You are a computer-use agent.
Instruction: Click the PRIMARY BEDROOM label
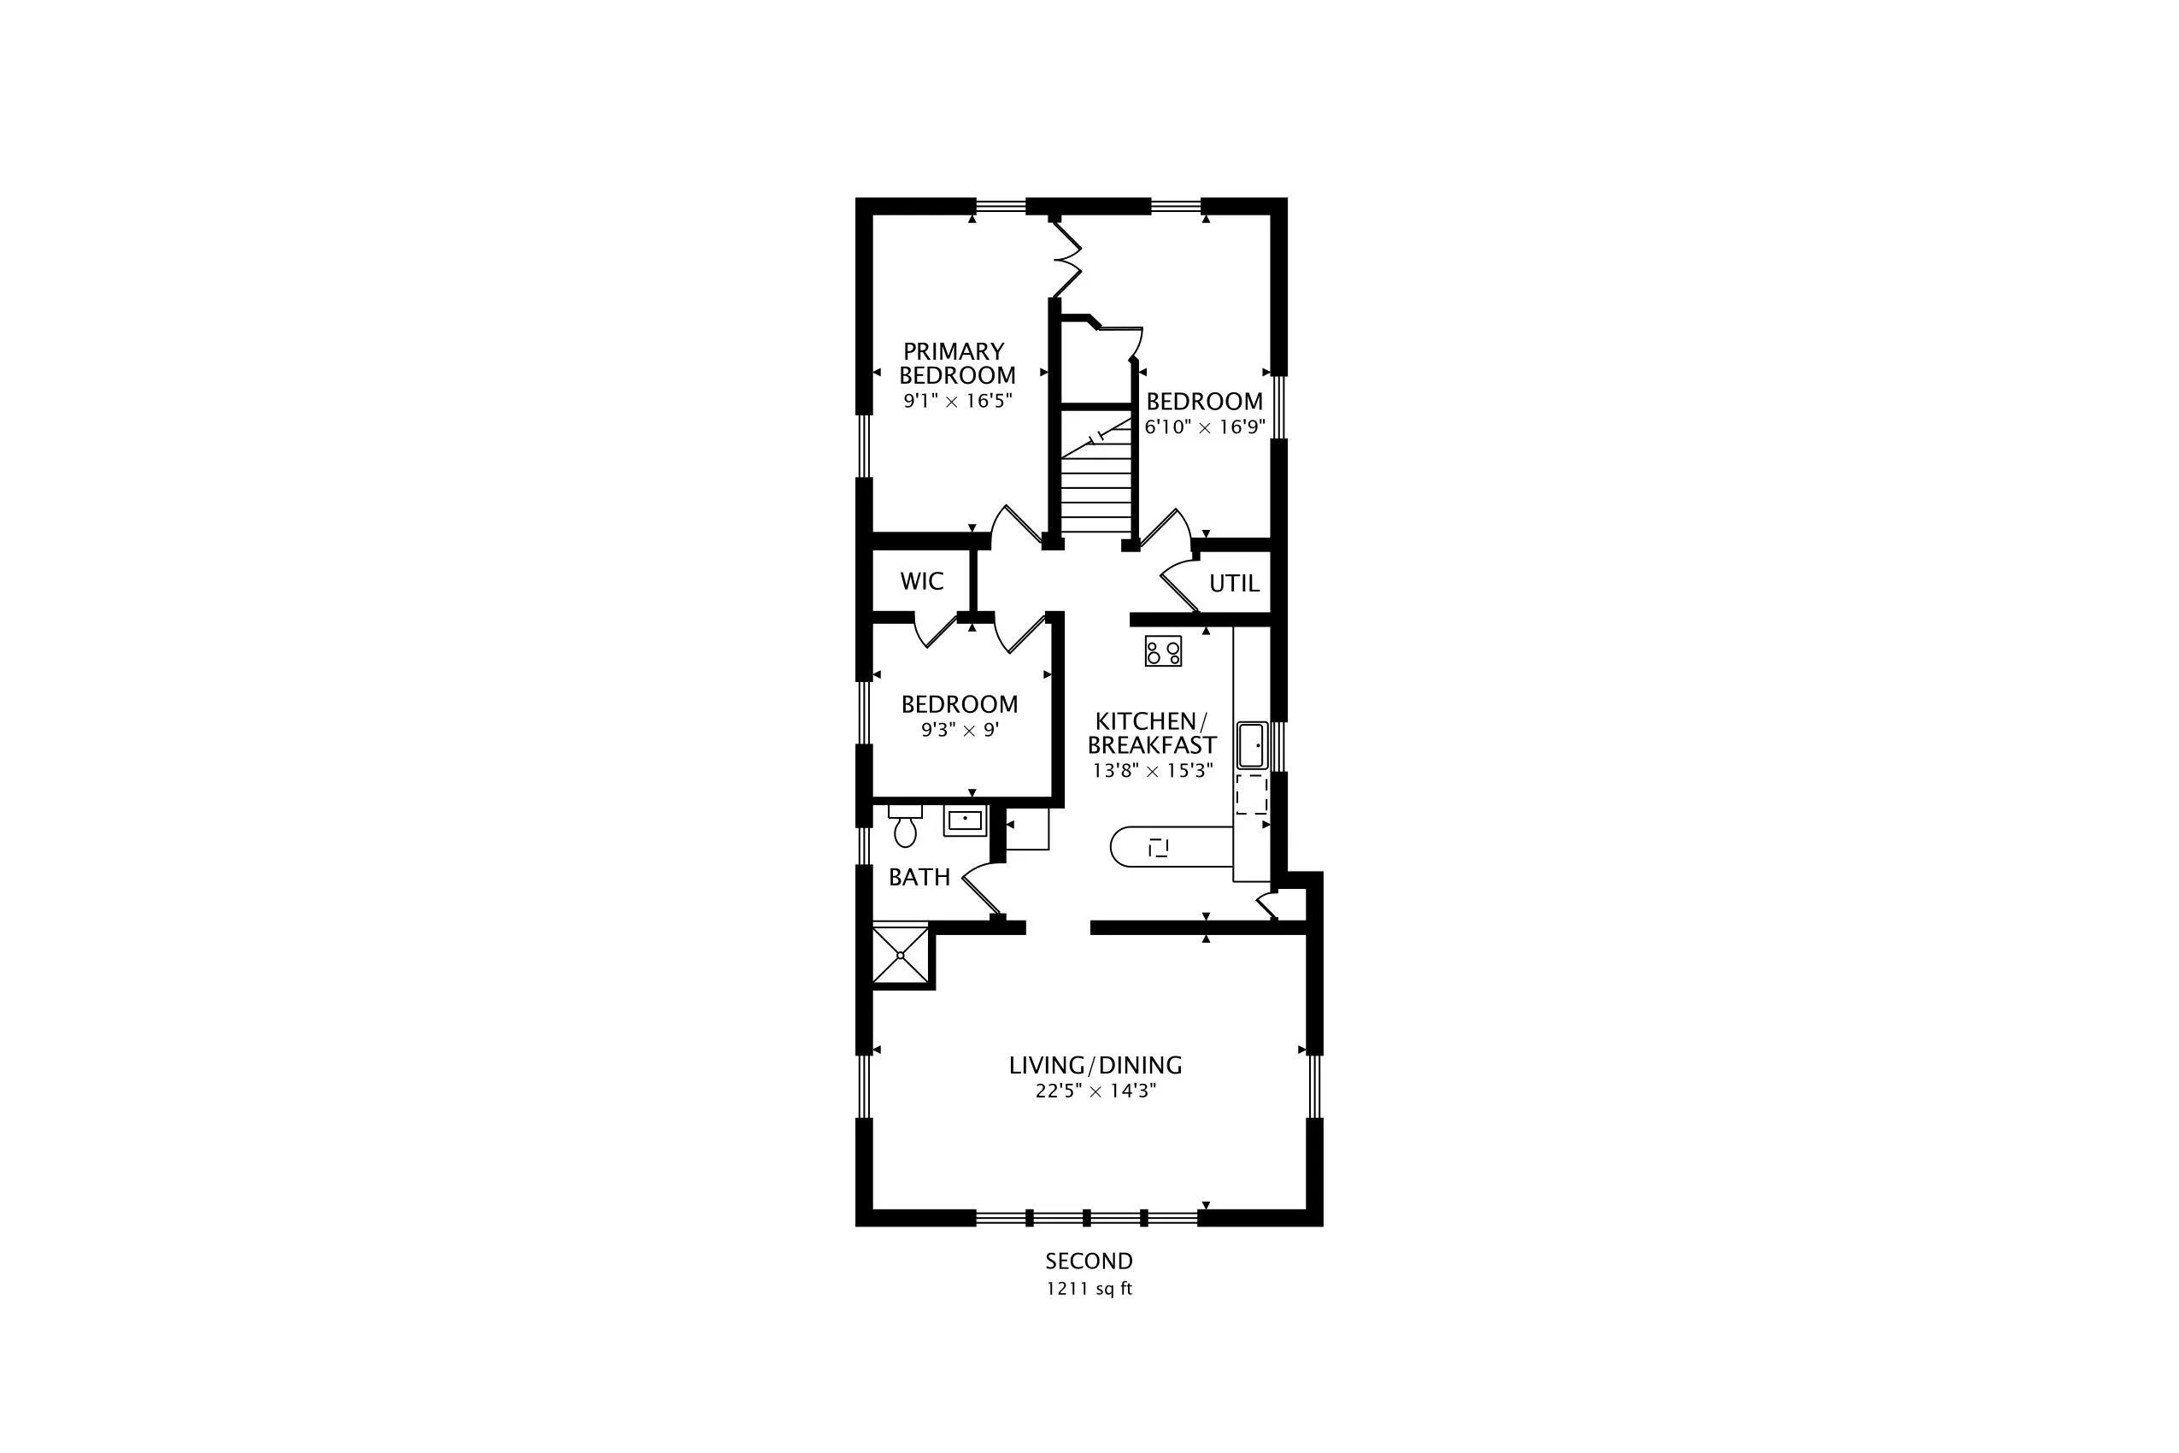point(957,363)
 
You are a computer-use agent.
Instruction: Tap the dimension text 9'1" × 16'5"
point(957,401)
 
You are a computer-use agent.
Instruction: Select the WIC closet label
point(922,581)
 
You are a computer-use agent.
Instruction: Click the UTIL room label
point(1234,583)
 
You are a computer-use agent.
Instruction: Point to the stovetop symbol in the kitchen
point(1164,650)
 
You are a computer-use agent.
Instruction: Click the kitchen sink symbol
point(1253,745)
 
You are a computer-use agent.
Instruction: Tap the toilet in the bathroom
point(905,826)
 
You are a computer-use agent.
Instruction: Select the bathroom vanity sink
point(966,821)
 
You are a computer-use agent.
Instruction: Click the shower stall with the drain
point(901,955)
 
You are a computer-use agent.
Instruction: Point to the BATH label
point(919,877)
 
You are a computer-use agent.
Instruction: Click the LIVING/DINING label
point(1095,1066)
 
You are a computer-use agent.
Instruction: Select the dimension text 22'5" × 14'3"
point(1096,1091)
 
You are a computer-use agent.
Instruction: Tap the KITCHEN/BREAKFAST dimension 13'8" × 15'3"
point(1153,771)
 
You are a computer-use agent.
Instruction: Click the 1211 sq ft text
point(1089,1289)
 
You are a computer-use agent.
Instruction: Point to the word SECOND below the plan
point(1089,1262)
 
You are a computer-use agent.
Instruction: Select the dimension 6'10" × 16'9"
point(1204,427)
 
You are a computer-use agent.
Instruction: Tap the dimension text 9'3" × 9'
point(960,730)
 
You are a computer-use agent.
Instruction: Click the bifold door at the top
point(1066,256)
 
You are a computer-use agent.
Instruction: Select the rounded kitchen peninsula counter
point(1172,847)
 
